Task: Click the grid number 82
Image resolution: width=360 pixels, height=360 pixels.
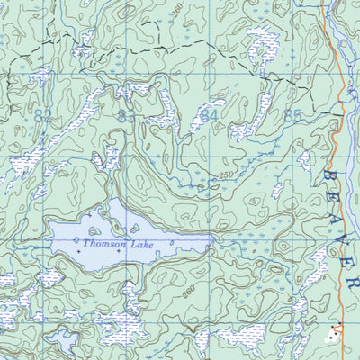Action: tap(42, 115)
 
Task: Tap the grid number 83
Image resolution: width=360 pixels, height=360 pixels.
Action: tap(126, 115)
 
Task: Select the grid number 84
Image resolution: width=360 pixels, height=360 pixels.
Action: tap(209, 115)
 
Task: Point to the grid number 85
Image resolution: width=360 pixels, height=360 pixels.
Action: tap(292, 115)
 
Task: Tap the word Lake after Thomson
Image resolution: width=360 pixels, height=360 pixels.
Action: tap(142, 244)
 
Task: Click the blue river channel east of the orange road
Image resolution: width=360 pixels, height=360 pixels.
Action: tap(353, 54)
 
